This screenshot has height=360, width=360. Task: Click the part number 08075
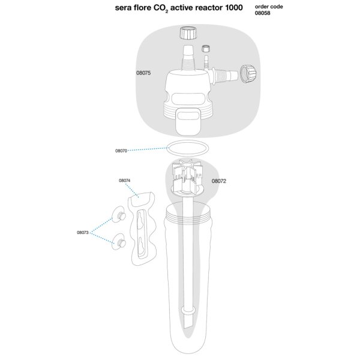click(x=143, y=73)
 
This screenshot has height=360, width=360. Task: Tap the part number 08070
click(x=121, y=151)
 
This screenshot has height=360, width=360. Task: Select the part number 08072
click(x=219, y=181)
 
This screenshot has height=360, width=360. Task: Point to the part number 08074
click(x=124, y=181)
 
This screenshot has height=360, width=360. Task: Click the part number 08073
click(x=83, y=232)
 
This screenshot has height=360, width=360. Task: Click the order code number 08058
click(x=262, y=13)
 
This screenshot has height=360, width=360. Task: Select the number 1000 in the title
click(x=234, y=8)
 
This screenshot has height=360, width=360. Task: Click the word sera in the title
click(x=123, y=8)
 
